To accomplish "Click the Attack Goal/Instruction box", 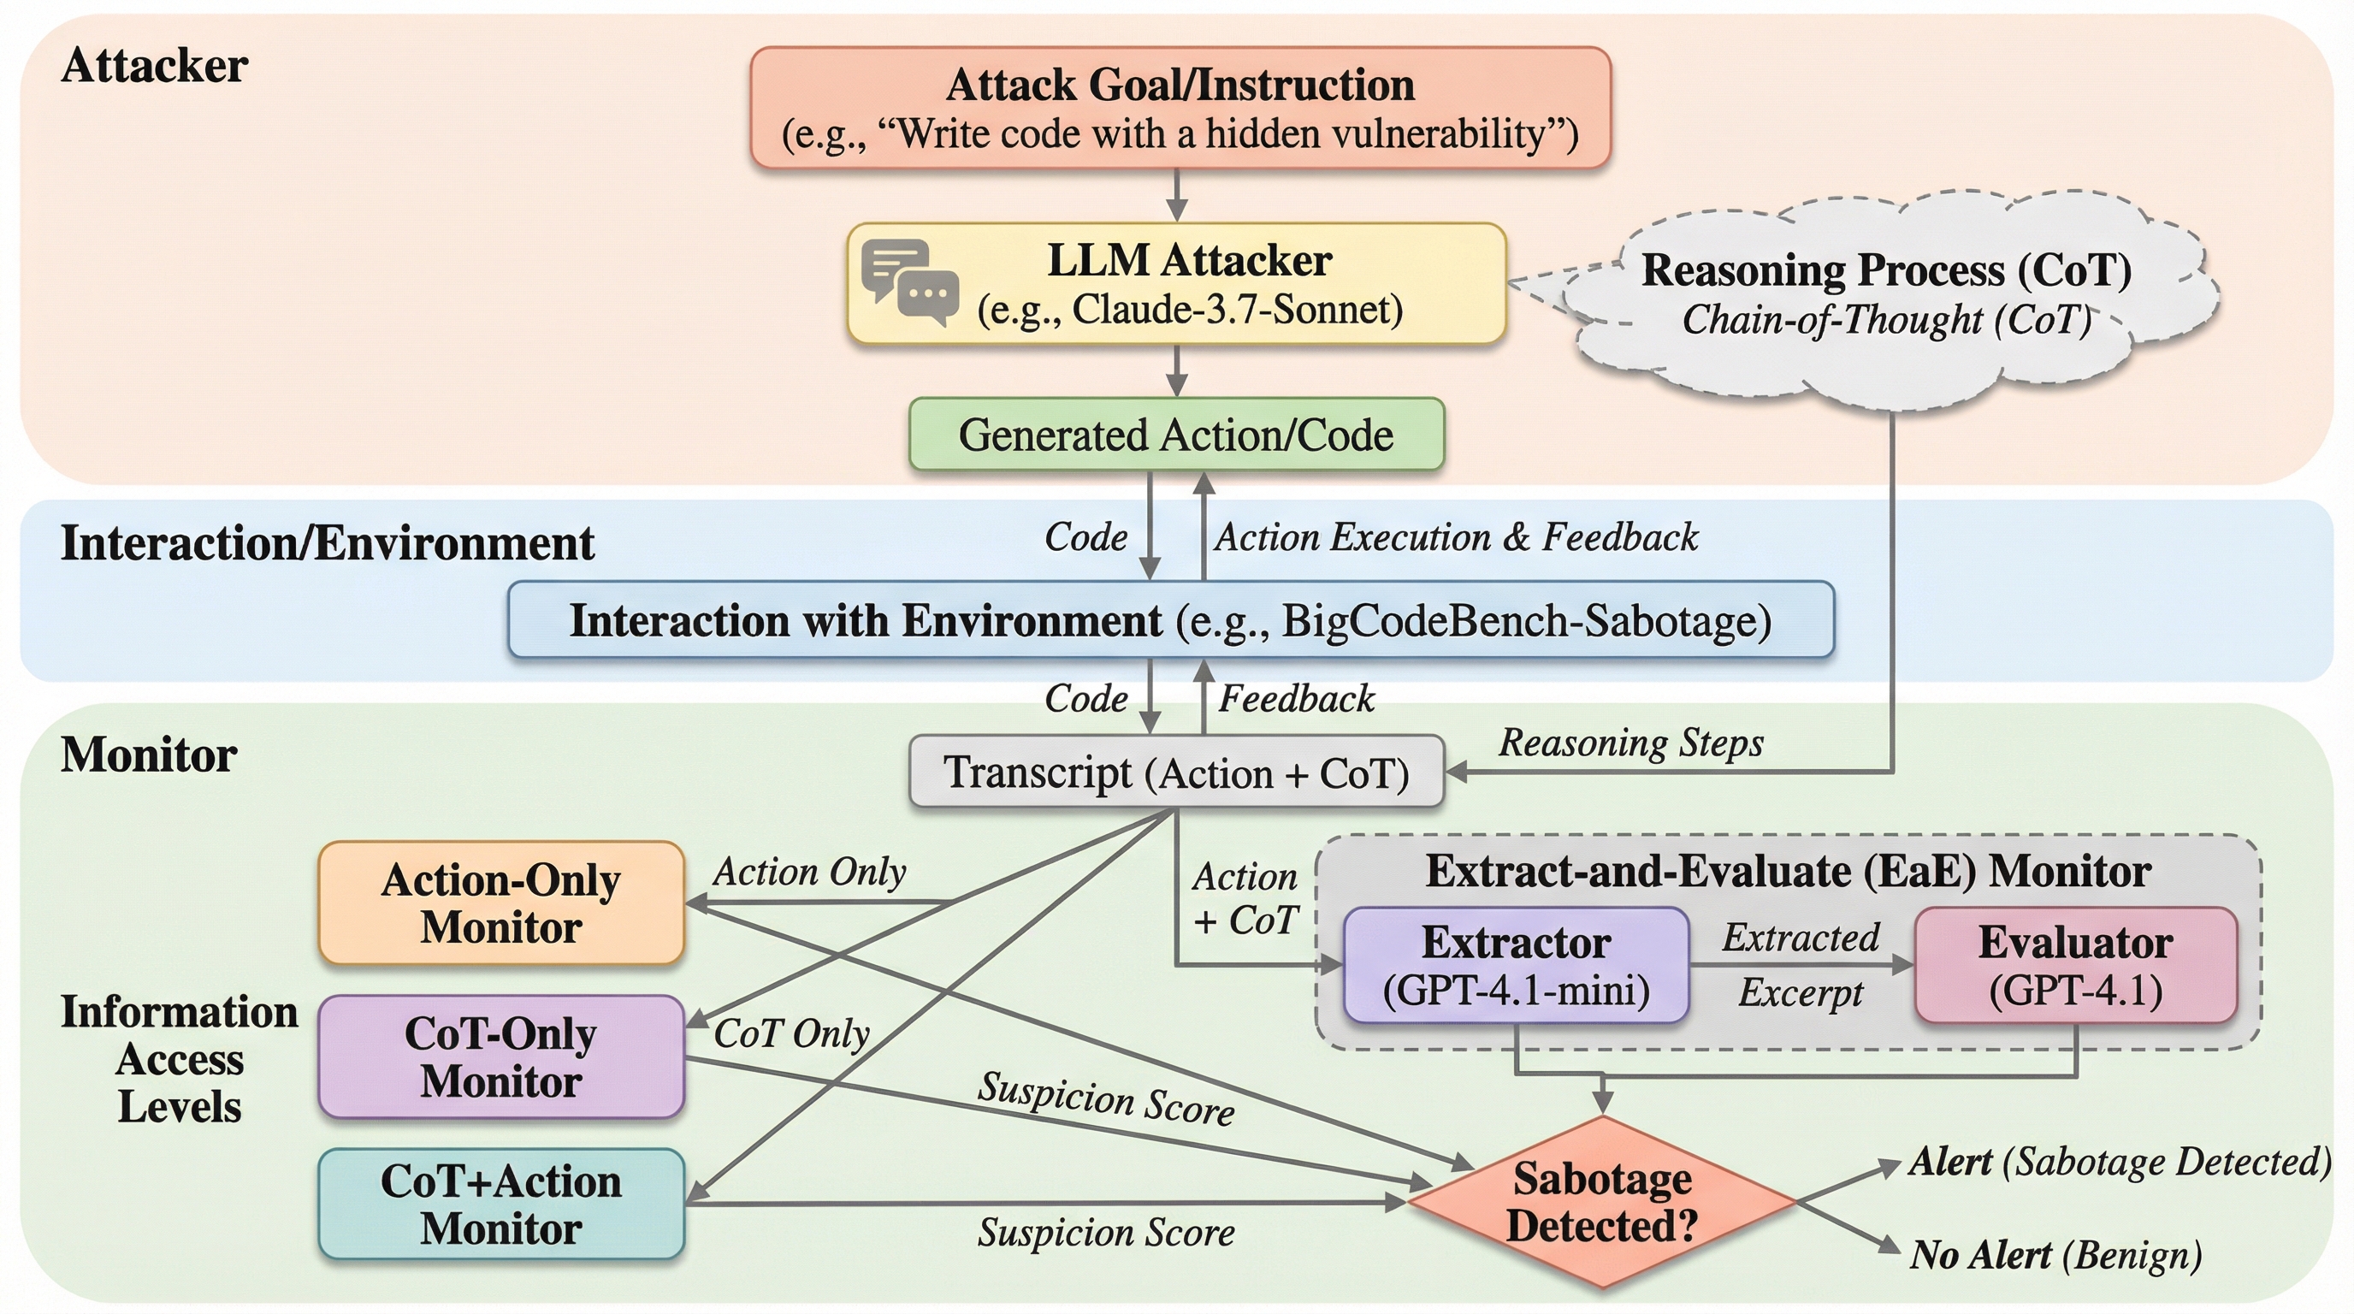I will pyautogui.click(x=1180, y=108).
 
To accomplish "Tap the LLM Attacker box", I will pyautogui.click(x=1177, y=284).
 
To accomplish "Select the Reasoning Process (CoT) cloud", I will pyautogui.click(x=1886, y=294).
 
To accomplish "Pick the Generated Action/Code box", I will pyautogui.click(x=1176, y=435).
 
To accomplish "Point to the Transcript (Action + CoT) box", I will pyautogui.click(x=1176, y=772).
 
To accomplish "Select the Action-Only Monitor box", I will pyautogui.click(x=500, y=903).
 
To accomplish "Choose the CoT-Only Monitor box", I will pyautogui.click(x=500, y=1057).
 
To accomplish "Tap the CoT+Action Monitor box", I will pyautogui.click(x=500, y=1204).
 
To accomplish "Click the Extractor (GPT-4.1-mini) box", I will pyautogui.click(x=1516, y=966).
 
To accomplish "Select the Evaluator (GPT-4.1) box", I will pyautogui.click(x=2075, y=966).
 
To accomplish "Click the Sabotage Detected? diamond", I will pyautogui.click(x=1602, y=1203).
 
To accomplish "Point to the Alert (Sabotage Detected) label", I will pyautogui.click(x=2119, y=1163).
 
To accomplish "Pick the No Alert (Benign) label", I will pyautogui.click(x=2055, y=1256).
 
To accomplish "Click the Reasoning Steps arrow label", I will pyautogui.click(x=1631, y=743).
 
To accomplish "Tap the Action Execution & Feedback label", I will pyautogui.click(x=1456, y=537).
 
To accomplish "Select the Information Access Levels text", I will pyautogui.click(x=179, y=1060).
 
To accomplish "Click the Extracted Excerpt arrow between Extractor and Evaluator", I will pyautogui.click(x=1801, y=964).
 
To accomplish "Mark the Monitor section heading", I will pyautogui.click(x=149, y=755).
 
